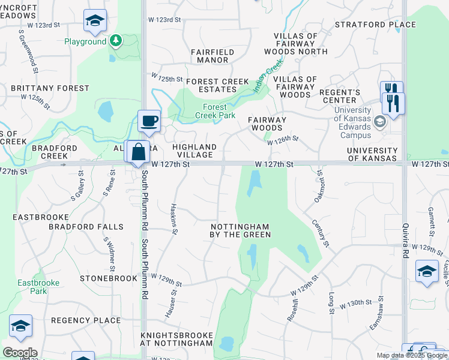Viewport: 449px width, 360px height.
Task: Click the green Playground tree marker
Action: pos(116,41)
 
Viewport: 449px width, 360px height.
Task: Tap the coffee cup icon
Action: pos(149,121)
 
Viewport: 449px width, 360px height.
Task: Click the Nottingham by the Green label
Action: pos(240,230)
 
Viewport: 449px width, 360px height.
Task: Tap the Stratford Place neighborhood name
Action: pos(375,25)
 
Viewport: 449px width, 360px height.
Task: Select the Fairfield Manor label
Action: pos(213,56)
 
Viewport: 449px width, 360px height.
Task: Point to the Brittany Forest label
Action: pos(50,88)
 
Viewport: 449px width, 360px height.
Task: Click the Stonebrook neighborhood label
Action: pos(109,278)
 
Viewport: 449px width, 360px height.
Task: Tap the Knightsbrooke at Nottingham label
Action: pos(176,339)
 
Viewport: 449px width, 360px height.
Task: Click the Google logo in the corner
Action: pos(19,353)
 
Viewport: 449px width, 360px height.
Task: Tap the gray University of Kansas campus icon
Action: pos(379,122)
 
